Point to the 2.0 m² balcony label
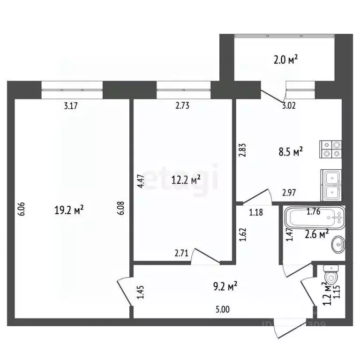pyautogui.click(x=285, y=60)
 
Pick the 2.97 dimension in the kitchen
pyautogui.click(x=289, y=192)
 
